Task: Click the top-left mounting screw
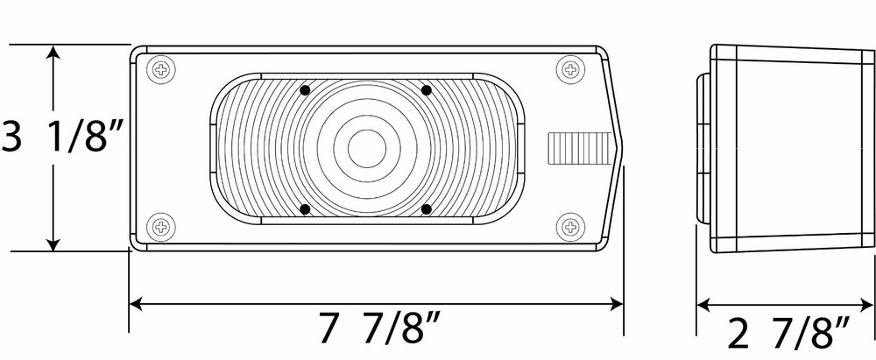[161, 70]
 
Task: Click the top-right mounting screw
[570, 70]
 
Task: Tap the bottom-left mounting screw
[161, 227]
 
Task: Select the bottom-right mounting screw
[570, 227]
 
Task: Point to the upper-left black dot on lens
[305, 90]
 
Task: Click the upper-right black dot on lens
[427, 90]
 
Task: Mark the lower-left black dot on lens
[305, 209]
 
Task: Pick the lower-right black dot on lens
[427, 209]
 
